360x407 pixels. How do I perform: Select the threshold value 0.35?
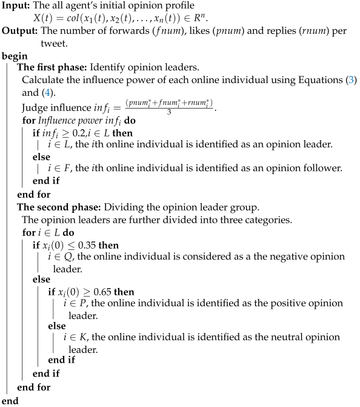(94, 245)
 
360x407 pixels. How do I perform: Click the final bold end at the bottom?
(10, 400)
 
